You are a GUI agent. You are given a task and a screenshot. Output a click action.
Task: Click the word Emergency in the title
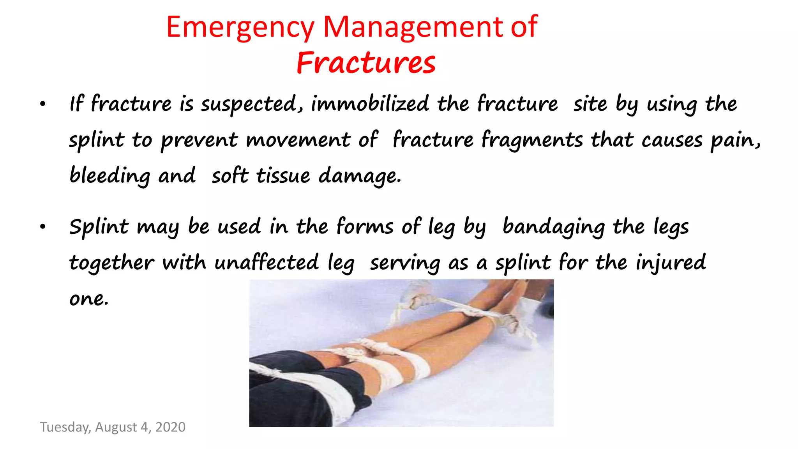coord(240,27)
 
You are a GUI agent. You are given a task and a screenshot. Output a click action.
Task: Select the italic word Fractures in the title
coord(365,63)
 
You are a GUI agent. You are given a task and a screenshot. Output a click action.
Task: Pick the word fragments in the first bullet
coord(532,140)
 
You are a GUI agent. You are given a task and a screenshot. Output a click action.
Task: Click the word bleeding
coord(110,176)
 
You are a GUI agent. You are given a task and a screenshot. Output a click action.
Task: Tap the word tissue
coord(283,176)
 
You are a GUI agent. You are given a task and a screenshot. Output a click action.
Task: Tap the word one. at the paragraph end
coord(89,299)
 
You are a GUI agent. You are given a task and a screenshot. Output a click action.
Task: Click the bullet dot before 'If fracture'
coord(43,104)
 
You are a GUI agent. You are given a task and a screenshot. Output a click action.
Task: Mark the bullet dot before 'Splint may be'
coord(43,227)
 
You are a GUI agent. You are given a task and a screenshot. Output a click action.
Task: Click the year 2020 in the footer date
coord(170,427)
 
